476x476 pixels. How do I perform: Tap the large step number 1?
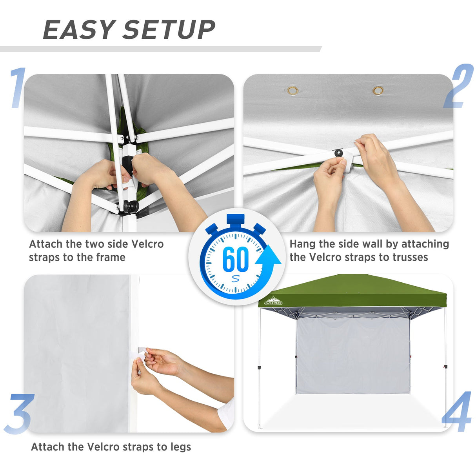(x=18, y=88)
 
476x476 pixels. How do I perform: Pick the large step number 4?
(x=457, y=412)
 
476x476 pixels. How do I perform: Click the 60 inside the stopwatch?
(x=235, y=259)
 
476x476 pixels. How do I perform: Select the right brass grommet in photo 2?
(x=378, y=91)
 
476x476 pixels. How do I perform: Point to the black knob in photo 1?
(x=131, y=205)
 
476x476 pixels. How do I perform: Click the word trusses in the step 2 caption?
(x=410, y=257)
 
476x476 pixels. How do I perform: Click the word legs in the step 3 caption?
(x=181, y=447)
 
